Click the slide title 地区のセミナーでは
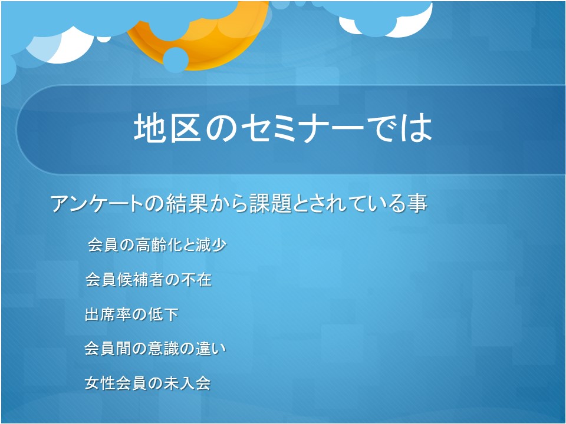(x=283, y=128)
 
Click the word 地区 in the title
(x=167, y=128)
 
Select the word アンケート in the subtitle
(x=97, y=203)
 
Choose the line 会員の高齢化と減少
(x=157, y=245)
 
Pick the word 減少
(x=211, y=245)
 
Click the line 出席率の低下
(x=131, y=314)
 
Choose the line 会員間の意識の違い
(x=155, y=349)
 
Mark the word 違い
(x=211, y=349)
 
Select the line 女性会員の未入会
(x=147, y=383)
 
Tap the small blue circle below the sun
(x=176, y=60)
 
